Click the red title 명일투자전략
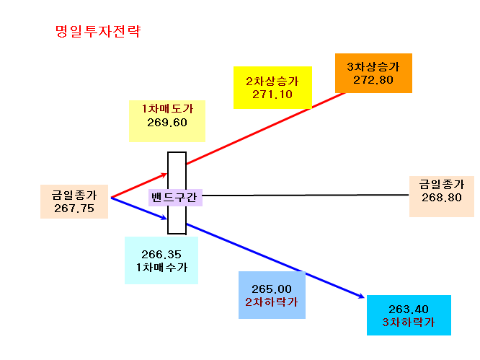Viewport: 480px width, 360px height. coord(98,31)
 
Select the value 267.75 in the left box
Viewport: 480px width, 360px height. coord(74,208)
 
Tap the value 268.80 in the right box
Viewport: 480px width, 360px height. coord(441,198)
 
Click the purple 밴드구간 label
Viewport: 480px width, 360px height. coord(174,197)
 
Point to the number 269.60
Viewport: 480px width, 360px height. coord(167,123)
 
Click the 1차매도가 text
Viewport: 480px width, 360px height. coord(167,109)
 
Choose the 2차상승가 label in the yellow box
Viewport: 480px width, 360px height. coord(272,82)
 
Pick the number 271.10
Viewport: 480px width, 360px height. coord(272,95)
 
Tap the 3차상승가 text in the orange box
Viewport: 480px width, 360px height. coord(373,67)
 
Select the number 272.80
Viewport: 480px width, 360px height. coord(373,80)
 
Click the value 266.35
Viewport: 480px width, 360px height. coord(161,254)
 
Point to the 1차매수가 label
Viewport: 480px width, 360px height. coord(161,268)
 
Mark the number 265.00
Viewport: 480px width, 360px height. coord(272,289)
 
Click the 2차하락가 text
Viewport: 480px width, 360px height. coord(272,302)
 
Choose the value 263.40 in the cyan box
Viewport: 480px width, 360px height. coord(409,309)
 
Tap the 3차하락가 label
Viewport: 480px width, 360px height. coord(409,322)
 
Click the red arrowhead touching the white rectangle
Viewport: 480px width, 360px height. coord(164,175)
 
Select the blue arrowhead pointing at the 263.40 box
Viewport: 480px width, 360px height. coord(361,296)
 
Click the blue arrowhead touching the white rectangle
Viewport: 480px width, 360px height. coord(164,218)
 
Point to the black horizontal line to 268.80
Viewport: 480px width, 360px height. coord(306,196)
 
